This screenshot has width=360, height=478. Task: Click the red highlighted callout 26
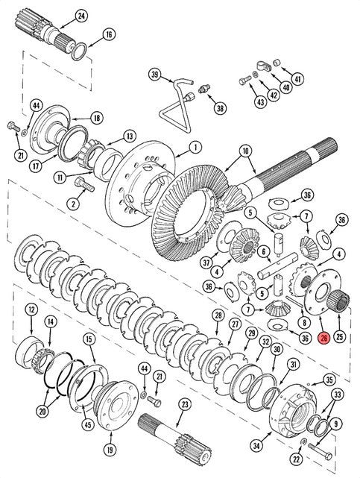[x=323, y=338]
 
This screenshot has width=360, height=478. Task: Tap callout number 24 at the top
[x=81, y=16]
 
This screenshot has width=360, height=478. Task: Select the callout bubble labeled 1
[x=195, y=148]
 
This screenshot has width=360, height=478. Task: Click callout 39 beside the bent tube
[x=155, y=75]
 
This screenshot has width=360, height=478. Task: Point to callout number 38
[x=220, y=107]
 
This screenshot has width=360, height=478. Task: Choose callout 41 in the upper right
[x=297, y=79]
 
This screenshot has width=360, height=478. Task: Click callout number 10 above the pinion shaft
[x=245, y=151]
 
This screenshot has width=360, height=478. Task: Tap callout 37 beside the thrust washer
[x=206, y=262]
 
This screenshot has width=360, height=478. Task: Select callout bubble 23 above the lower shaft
[x=185, y=404]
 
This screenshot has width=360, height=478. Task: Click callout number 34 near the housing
[x=256, y=446]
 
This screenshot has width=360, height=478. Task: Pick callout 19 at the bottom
[x=110, y=450]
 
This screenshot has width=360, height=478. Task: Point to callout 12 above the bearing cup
[x=31, y=309]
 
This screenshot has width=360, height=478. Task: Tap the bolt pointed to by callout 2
[x=84, y=184]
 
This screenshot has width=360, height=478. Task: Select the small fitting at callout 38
[x=203, y=89]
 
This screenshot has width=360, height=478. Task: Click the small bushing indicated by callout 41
[x=277, y=63]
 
